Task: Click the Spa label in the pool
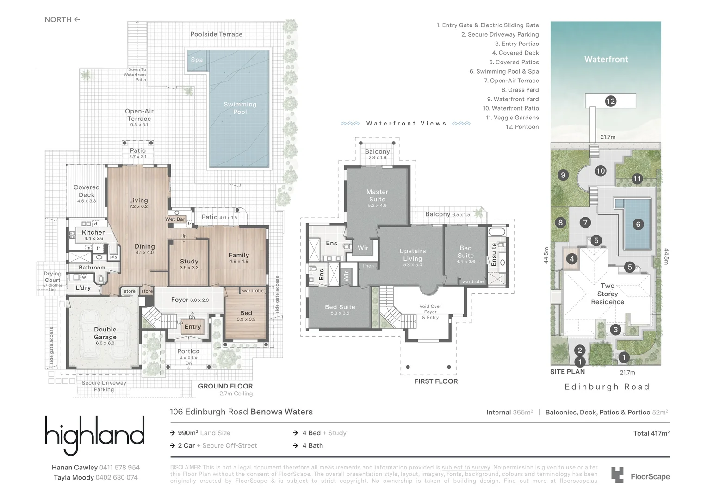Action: pos(197,60)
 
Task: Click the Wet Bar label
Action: pos(175,219)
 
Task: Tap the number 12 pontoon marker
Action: pos(610,101)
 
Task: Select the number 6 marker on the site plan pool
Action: pos(638,225)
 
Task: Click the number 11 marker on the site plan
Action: pos(637,179)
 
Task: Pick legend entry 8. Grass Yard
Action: pos(520,90)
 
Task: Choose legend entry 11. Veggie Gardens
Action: pos(512,118)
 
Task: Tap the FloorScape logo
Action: pos(640,476)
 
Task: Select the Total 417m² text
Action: pos(651,433)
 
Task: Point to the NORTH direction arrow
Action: pos(77,19)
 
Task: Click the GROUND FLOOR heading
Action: pos(225,386)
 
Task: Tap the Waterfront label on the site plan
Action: pos(606,59)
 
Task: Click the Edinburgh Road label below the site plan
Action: pos(607,387)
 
